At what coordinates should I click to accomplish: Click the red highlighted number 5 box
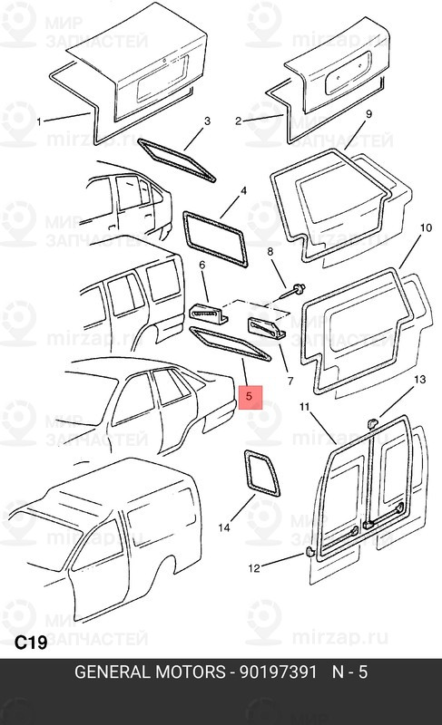[x=250, y=397]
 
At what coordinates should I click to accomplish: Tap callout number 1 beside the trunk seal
[x=39, y=122]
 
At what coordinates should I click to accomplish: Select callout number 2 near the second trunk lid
[x=238, y=121]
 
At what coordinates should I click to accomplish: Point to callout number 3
[x=207, y=121]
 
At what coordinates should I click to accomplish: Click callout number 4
[x=243, y=190]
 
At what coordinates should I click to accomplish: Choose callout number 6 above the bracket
[x=201, y=265]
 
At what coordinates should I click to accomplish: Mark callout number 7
[x=290, y=382]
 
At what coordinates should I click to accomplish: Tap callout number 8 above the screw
[x=270, y=252]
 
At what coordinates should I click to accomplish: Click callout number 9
[x=368, y=114]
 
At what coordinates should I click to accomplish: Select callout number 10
[x=426, y=227]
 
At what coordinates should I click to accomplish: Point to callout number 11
[x=304, y=406]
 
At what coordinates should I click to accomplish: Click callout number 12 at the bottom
[x=254, y=568]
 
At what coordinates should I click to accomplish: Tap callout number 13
[x=419, y=380]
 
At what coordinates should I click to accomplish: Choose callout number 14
[x=224, y=527]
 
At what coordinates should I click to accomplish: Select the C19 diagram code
[x=31, y=643]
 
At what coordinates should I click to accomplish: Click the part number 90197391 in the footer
[x=278, y=672]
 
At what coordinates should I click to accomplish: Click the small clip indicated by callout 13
[x=371, y=422]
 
